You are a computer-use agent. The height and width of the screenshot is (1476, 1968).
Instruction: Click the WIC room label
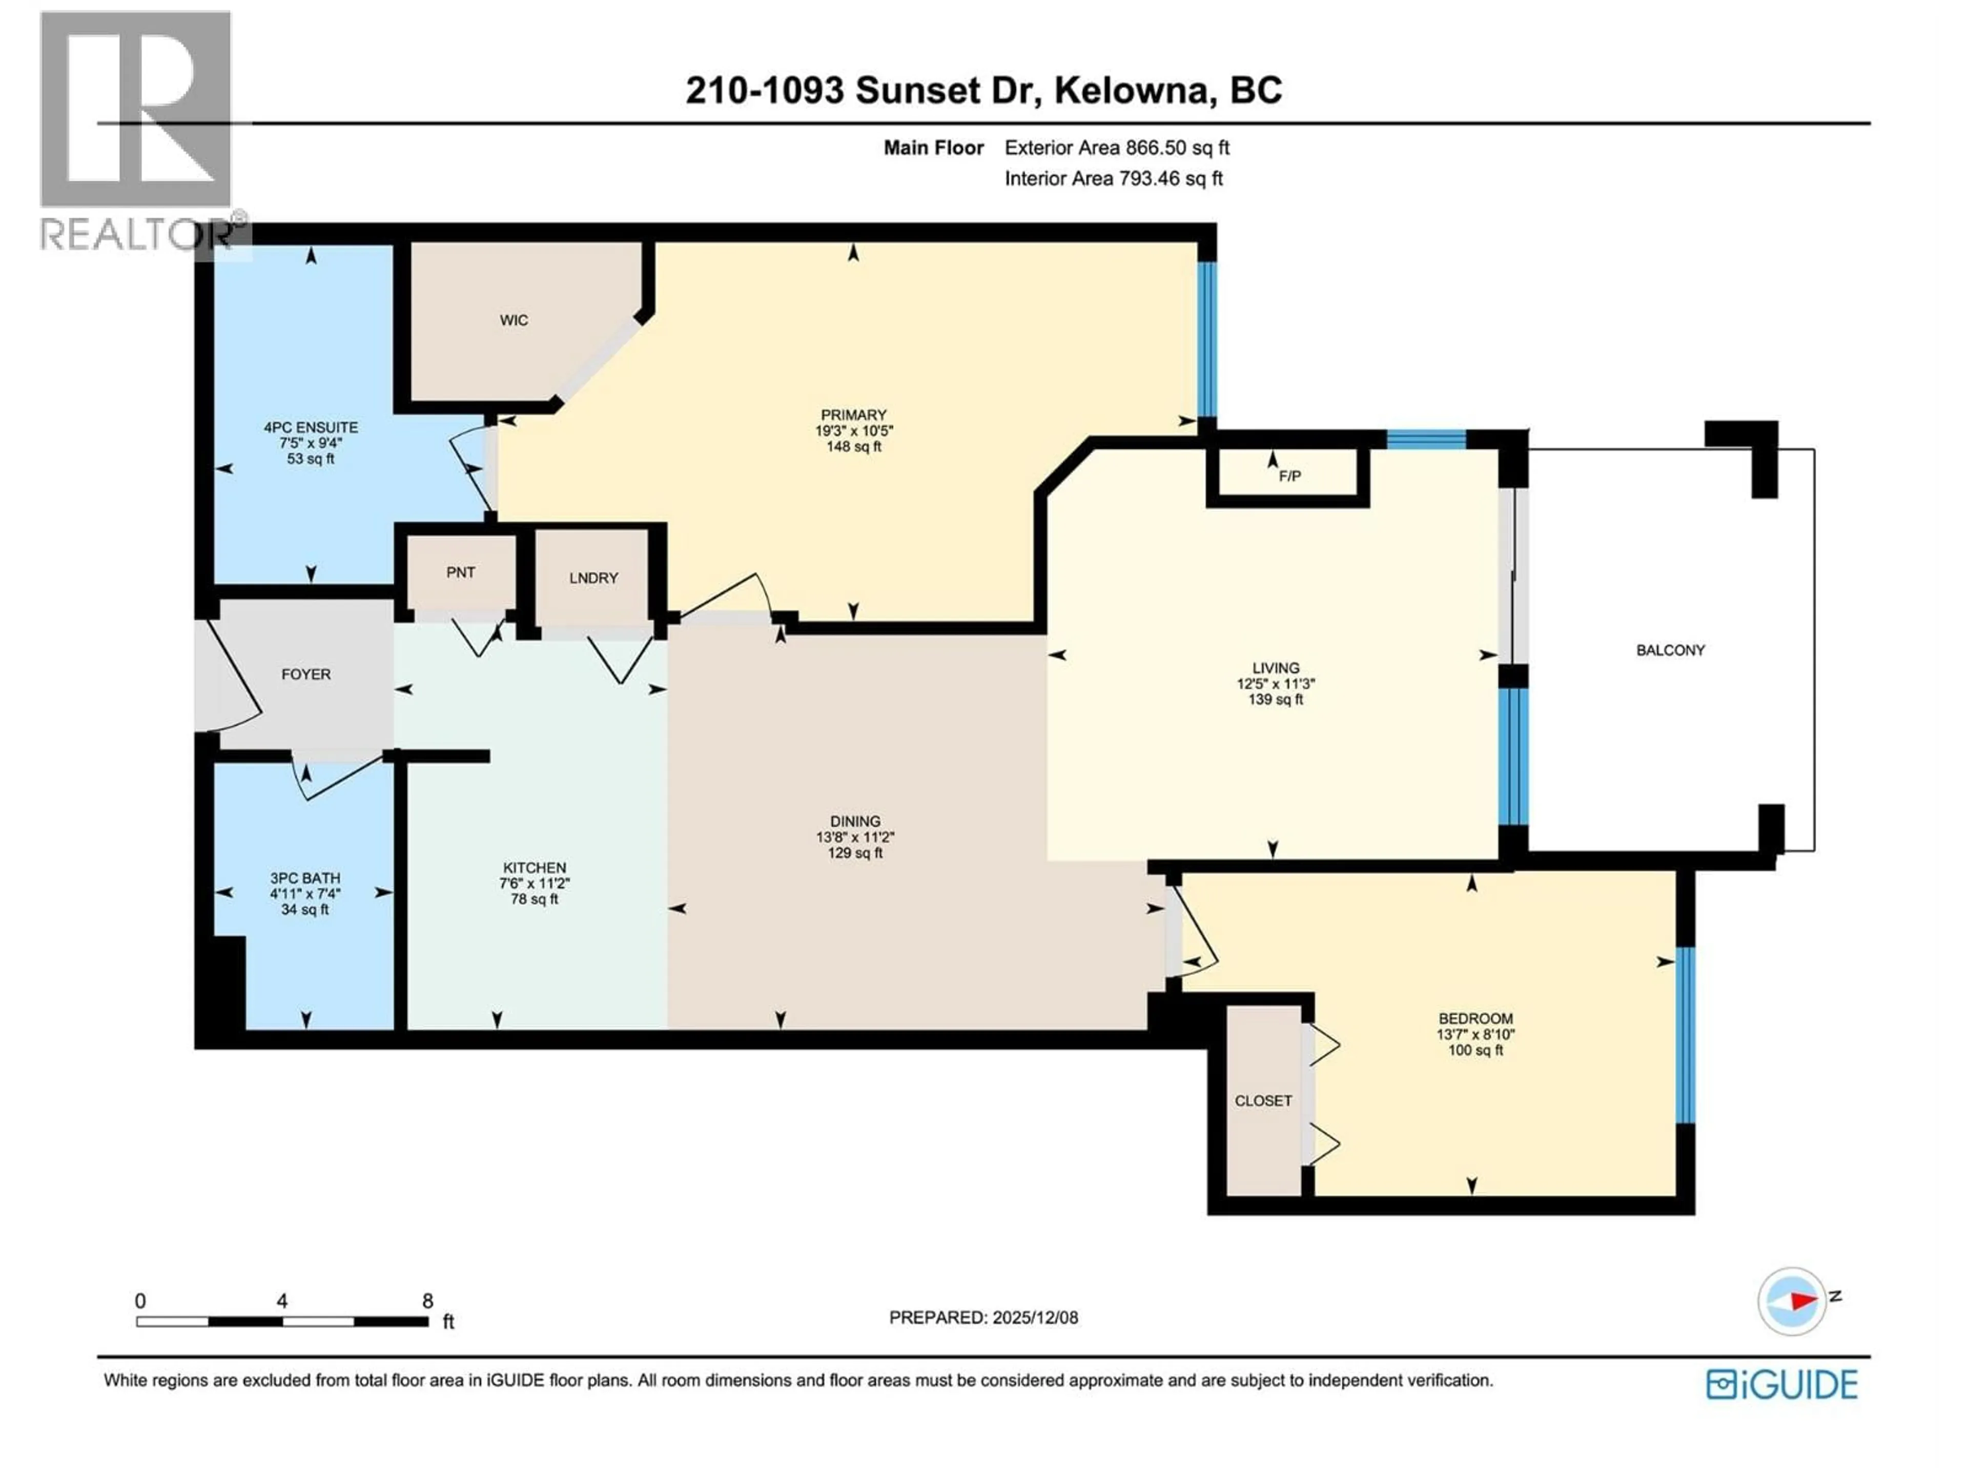tap(514, 320)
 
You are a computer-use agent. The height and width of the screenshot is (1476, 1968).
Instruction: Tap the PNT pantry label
tap(460, 572)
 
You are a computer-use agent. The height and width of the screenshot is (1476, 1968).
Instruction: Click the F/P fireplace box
tap(1288, 476)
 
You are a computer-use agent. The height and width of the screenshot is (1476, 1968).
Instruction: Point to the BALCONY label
tap(1670, 650)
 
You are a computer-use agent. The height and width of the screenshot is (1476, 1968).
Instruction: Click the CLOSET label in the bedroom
tap(1262, 1100)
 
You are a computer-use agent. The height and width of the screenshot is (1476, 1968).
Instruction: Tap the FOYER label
tap(305, 674)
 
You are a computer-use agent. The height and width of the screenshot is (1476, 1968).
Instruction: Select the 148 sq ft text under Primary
tap(853, 446)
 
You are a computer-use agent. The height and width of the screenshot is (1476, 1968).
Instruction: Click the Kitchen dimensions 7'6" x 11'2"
tap(534, 884)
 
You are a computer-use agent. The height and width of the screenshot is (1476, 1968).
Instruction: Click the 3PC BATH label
tap(305, 878)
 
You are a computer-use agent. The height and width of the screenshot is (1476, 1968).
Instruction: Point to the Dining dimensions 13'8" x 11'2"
tap(854, 837)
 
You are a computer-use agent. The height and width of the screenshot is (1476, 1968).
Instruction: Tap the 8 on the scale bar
tap(427, 1301)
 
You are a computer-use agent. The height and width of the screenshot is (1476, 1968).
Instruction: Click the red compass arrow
tap(1802, 1302)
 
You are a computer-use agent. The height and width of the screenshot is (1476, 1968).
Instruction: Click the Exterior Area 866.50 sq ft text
tap(1117, 148)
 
